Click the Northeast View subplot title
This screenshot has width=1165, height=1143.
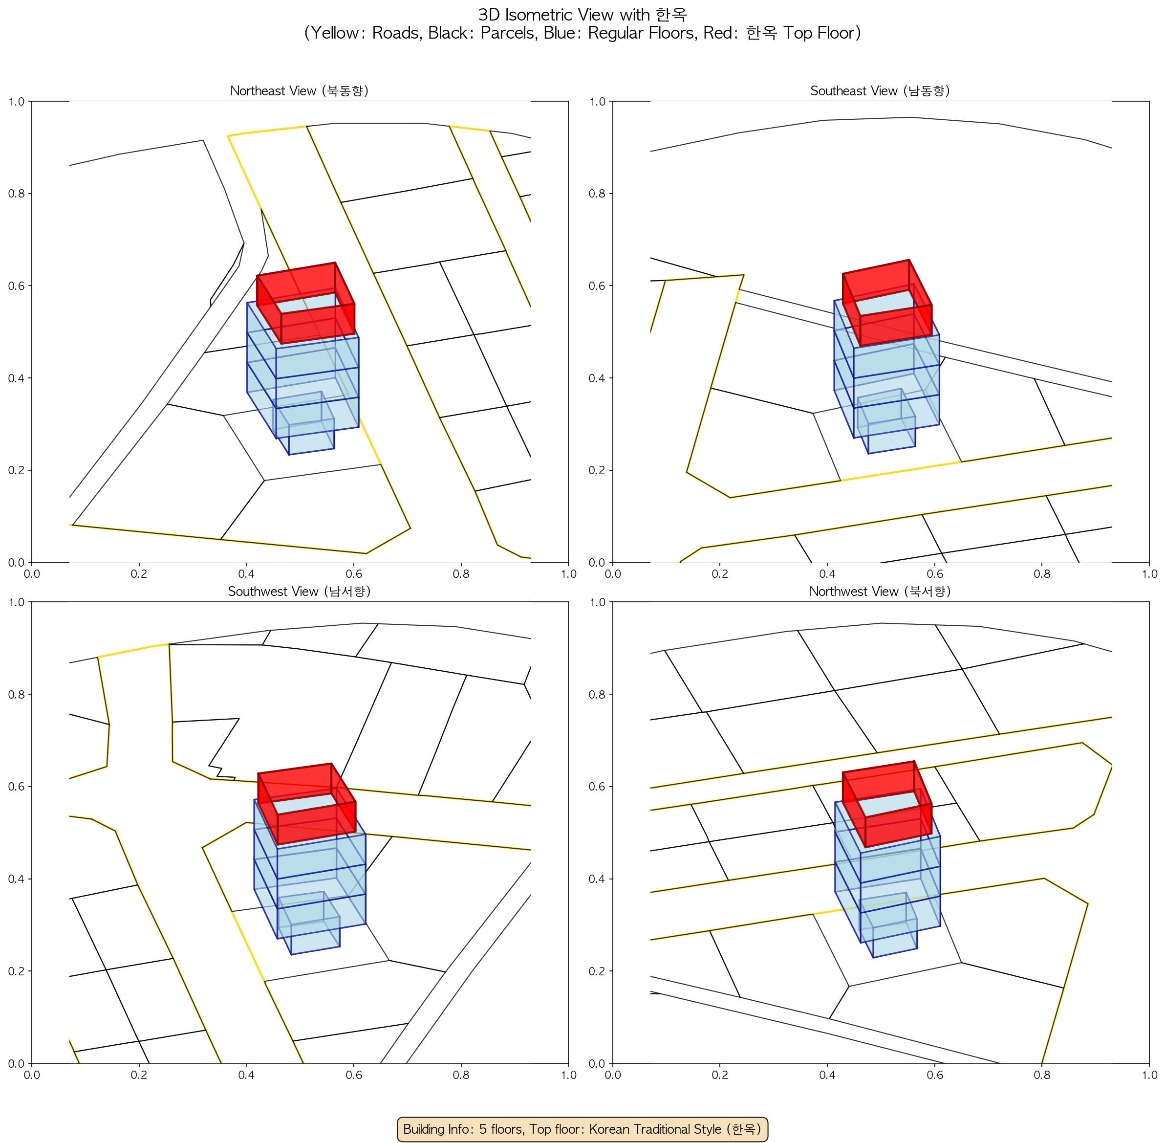(x=300, y=90)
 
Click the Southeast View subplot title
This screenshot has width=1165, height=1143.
(x=880, y=90)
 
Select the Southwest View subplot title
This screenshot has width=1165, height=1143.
(x=300, y=592)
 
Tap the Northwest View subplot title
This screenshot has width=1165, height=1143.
(x=880, y=592)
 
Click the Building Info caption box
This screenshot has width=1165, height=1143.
(x=582, y=1129)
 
